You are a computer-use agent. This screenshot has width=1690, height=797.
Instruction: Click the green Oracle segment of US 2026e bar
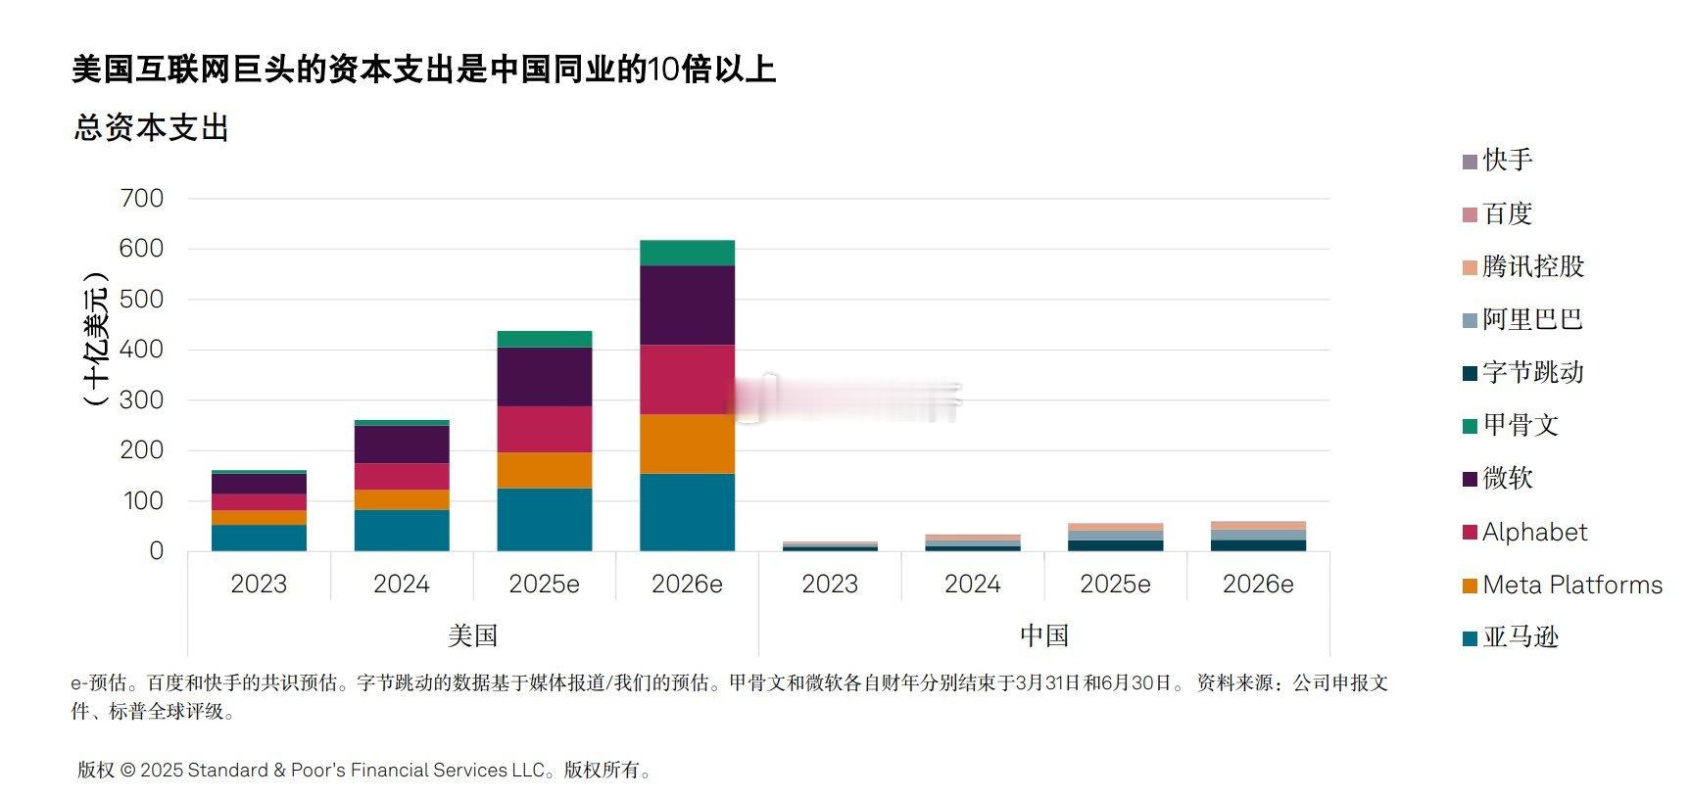(x=687, y=253)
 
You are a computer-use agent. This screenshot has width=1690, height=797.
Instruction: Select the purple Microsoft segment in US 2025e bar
(x=544, y=377)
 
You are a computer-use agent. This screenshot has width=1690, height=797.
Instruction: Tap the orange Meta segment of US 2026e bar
(x=687, y=444)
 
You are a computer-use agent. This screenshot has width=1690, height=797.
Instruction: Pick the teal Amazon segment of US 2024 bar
(x=402, y=530)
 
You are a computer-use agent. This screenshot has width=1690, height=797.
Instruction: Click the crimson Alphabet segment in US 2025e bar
(x=544, y=429)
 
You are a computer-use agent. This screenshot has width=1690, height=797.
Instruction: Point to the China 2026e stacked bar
(x=1258, y=537)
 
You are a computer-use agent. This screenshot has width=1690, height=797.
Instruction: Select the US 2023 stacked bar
(x=259, y=511)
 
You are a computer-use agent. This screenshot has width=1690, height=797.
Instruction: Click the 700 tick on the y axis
(x=142, y=198)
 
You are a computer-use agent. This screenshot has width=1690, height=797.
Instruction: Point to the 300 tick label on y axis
(x=142, y=399)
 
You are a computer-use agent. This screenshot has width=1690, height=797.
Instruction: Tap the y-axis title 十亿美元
(x=95, y=338)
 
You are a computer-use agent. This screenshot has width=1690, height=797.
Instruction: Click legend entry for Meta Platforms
(x=1571, y=585)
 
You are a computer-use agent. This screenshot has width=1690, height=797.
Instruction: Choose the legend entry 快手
(x=1507, y=160)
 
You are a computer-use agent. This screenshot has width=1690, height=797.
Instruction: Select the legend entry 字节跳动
(x=1532, y=372)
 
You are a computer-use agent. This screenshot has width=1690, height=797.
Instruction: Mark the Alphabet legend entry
(x=1534, y=532)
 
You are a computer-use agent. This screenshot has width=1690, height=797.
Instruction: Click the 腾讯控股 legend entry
(x=1532, y=266)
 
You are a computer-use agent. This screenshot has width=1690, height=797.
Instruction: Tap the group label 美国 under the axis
(x=472, y=635)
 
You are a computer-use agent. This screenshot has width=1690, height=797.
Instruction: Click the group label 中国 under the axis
(x=1043, y=635)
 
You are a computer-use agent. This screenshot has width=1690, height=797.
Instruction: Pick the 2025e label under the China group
(x=1115, y=584)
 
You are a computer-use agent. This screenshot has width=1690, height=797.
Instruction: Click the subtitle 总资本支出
(x=151, y=127)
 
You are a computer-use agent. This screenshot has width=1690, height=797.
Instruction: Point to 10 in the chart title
(x=662, y=70)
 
